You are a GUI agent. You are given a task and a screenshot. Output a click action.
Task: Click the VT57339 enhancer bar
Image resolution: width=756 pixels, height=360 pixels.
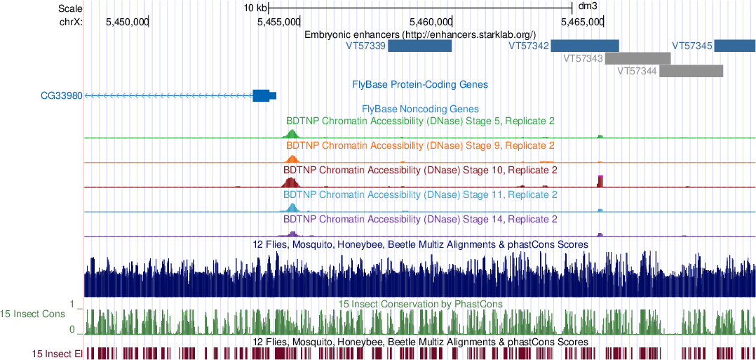point(419,46)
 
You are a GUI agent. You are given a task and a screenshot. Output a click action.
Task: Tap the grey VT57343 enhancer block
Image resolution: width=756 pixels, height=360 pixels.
point(637,58)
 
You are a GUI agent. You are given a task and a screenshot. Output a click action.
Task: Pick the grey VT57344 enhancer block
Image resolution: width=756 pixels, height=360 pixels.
point(691,71)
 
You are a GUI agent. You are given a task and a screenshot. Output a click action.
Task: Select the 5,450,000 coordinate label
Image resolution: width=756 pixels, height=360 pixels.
point(127,22)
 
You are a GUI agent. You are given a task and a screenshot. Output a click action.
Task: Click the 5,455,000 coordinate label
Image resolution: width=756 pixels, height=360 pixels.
point(278,22)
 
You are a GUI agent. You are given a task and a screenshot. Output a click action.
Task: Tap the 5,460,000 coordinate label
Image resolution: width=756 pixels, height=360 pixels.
point(430,22)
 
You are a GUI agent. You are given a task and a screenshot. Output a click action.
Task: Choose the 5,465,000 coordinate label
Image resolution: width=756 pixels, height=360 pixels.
point(582,22)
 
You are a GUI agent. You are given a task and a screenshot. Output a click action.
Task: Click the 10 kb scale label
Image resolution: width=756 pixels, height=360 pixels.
point(255,8)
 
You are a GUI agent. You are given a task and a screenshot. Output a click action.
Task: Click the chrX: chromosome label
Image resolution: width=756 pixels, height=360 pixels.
point(71,22)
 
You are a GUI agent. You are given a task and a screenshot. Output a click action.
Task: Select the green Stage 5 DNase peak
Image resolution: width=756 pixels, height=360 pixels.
point(292,133)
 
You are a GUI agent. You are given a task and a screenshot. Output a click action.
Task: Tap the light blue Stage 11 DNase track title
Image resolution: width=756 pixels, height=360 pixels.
point(419,194)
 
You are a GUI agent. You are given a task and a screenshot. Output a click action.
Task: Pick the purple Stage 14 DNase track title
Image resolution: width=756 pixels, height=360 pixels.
point(419,219)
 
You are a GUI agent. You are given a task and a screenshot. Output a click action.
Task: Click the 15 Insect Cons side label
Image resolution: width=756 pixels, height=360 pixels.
point(33,313)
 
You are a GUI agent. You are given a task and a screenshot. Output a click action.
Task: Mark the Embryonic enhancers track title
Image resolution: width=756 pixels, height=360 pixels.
point(419,34)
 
